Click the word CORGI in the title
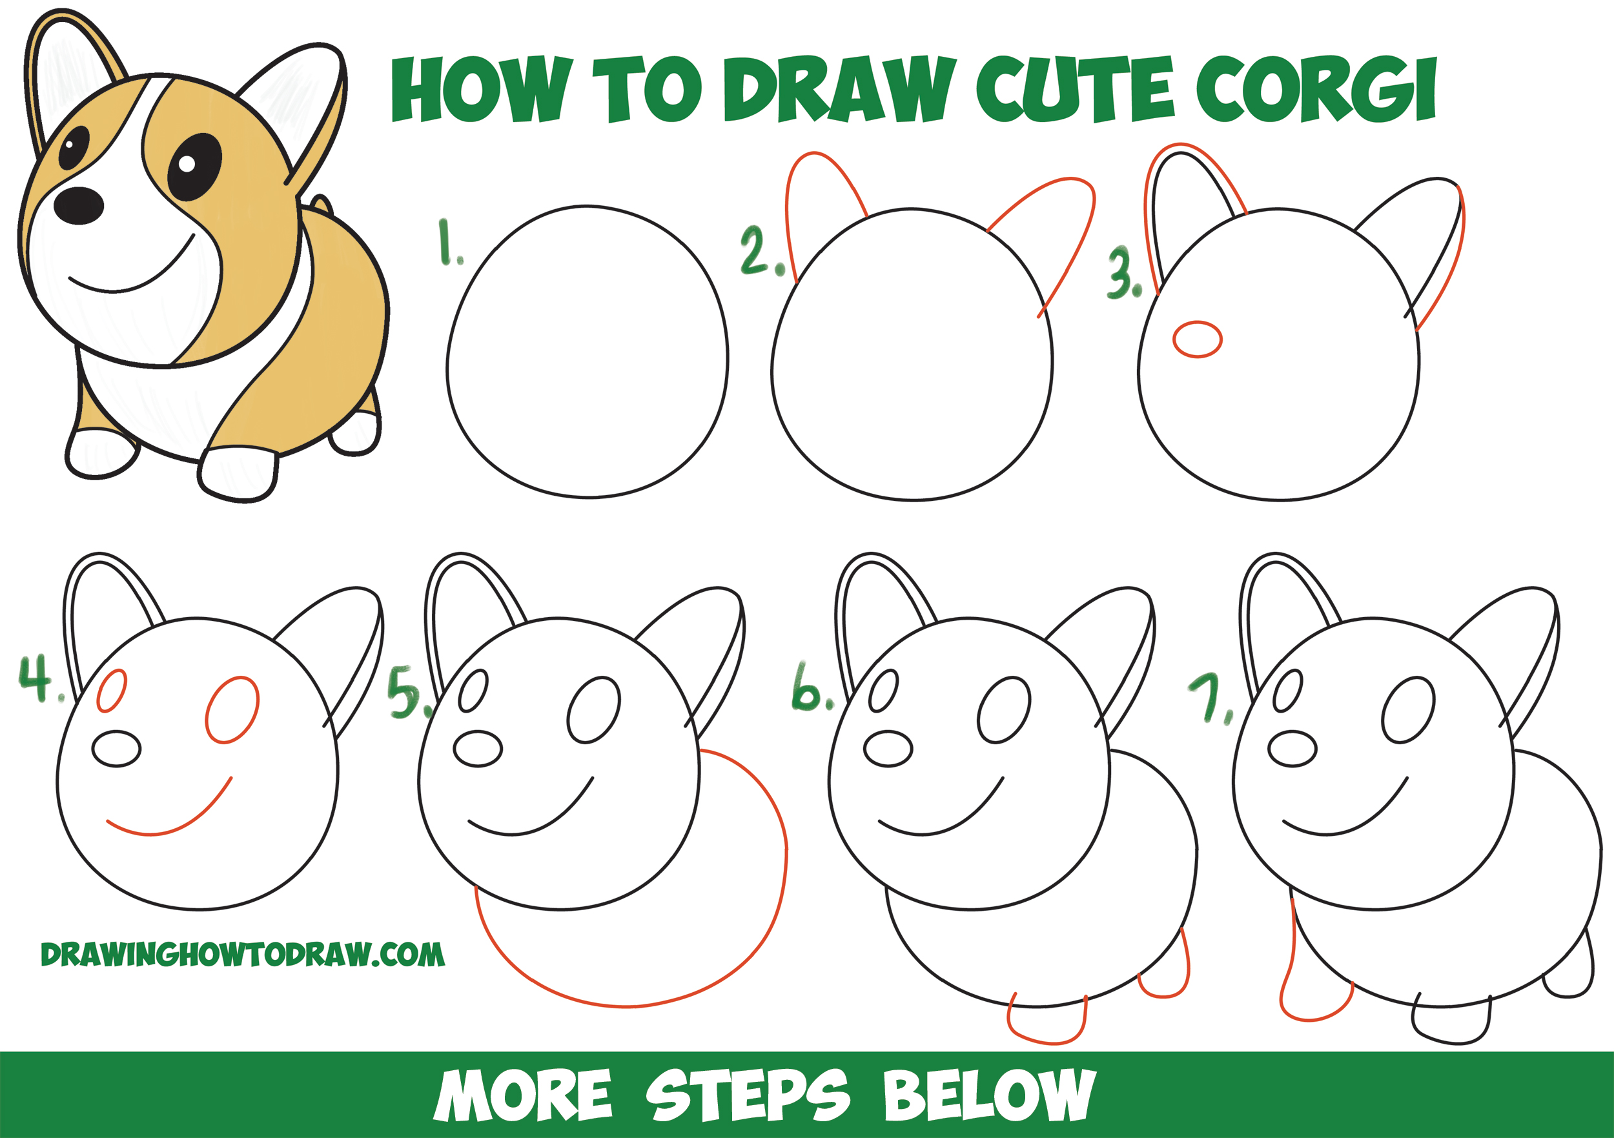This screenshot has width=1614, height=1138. point(1315,90)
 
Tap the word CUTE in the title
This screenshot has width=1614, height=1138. point(1074,89)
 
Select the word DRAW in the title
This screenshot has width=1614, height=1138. point(839,89)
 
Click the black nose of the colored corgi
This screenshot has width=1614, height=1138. point(79,206)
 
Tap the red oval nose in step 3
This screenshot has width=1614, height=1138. point(1197,340)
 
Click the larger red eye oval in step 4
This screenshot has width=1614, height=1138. point(232,709)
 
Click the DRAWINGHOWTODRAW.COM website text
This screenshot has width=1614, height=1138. point(243,955)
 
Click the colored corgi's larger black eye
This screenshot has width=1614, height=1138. point(194,166)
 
